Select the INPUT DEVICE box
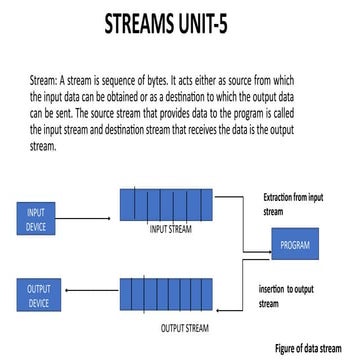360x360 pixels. coord(35,218)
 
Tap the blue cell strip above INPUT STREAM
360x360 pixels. coord(166,204)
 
